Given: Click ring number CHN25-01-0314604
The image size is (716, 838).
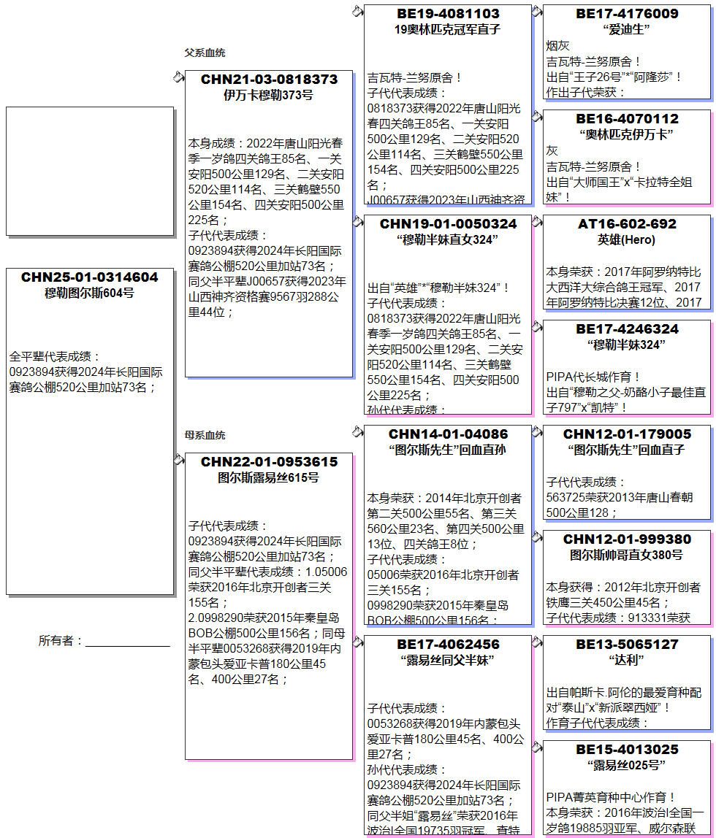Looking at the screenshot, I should pyautogui.click(x=89, y=277).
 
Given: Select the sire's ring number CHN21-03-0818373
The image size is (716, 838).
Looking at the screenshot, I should pyautogui.click(x=269, y=80).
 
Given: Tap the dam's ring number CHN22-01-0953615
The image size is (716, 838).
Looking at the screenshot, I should pyautogui.click(x=269, y=462).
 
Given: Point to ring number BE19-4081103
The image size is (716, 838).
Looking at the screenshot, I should pyautogui.click(x=448, y=14).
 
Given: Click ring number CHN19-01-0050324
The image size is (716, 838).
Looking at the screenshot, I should pyautogui.click(x=448, y=224).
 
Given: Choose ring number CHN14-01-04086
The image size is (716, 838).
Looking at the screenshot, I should pyautogui.click(x=448, y=434).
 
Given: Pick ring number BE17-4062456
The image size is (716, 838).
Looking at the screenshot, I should pyautogui.click(x=448, y=645).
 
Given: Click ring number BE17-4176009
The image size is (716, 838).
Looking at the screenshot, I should pyautogui.click(x=627, y=14).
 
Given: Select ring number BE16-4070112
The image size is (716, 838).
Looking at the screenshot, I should pyautogui.click(x=627, y=119).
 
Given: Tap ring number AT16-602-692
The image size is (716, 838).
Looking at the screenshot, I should pyautogui.click(x=627, y=224).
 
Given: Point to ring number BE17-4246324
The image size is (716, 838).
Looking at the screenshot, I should pyautogui.click(x=627, y=329).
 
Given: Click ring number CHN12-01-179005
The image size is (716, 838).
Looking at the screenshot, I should pyautogui.click(x=627, y=434).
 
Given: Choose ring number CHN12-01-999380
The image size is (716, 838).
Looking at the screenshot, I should pyautogui.click(x=627, y=539).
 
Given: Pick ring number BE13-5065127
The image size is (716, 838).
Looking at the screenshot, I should pyautogui.click(x=627, y=645).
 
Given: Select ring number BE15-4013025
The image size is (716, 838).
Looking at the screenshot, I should pyautogui.click(x=627, y=750).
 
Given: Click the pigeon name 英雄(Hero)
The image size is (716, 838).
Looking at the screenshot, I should pyautogui.click(x=627, y=240).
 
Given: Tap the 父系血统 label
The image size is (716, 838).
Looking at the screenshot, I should pyautogui.click(x=205, y=53).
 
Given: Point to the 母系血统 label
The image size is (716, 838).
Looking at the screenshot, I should pyautogui.click(x=205, y=435).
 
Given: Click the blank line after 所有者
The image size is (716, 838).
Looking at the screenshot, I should pyautogui.click(x=128, y=642).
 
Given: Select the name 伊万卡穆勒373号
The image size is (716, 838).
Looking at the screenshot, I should pyautogui.click(x=269, y=96).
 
